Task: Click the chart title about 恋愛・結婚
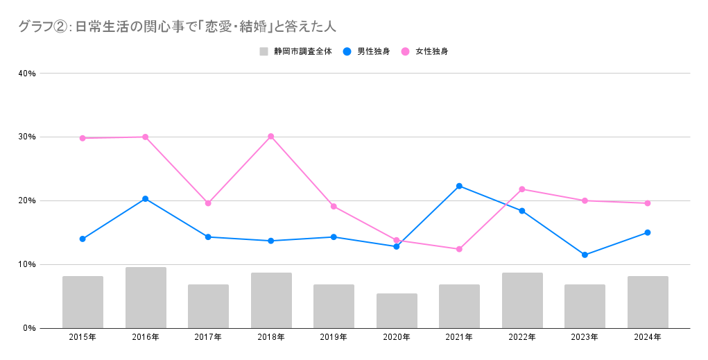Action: tap(178, 27)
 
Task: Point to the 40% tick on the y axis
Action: tap(28, 74)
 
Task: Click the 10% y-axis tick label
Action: tap(28, 264)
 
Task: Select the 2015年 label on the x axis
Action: tap(83, 338)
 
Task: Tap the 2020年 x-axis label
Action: tap(397, 338)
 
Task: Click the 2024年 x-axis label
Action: tap(648, 338)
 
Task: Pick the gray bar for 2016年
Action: tap(146, 298)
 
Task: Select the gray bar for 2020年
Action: tap(397, 311)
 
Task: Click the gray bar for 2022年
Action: tap(522, 300)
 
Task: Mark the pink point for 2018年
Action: tap(271, 136)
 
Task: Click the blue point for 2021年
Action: tap(459, 186)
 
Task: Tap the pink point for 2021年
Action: tap(459, 249)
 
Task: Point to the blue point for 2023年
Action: tap(585, 255)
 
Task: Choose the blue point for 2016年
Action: tap(146, 199)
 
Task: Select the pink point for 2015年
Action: tap(83, 138)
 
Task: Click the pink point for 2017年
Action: tap(208, 203)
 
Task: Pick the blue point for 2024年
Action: tap(648, 232)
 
